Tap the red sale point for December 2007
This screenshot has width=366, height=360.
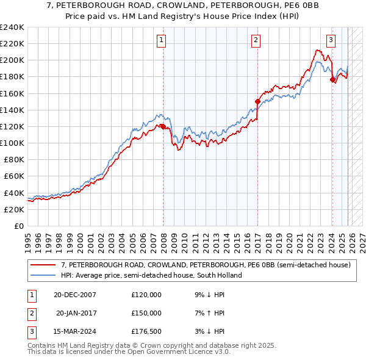(163, 126)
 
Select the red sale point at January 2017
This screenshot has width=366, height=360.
(257, 101)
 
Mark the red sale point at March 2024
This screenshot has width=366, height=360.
(332, 79)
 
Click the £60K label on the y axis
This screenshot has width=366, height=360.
(14, 176)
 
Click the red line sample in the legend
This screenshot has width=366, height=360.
(44, 265)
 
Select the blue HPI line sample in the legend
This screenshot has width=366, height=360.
(44, 275)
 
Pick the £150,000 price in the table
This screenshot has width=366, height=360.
(146, 313)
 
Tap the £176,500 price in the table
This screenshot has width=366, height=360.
(146, 331)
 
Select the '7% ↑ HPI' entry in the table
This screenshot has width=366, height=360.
(209, 313)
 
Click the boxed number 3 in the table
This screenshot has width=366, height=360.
(30, 331)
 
